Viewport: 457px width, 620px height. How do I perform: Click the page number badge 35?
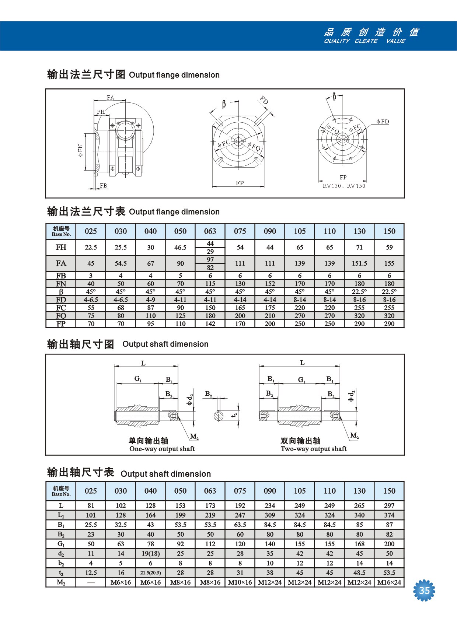coord(424,591)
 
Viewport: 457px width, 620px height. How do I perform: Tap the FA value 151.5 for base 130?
coord(359,263)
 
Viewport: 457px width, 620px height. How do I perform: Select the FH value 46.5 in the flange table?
coord(180,248)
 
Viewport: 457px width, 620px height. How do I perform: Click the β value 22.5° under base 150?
coord(389,292)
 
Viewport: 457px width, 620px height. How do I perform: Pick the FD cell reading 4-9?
coord(150,300)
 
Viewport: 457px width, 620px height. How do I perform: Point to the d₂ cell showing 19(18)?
coord(150,553)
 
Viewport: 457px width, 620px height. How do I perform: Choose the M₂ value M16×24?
coord(389,582)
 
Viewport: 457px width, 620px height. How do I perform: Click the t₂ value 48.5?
coord(359,573)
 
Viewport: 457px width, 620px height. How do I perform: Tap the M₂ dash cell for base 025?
coord(91,582)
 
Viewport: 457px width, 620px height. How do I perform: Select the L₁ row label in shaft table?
coord(61,515)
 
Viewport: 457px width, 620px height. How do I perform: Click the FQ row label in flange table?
coord(61,316)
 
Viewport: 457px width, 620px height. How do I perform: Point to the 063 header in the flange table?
coord(210,231)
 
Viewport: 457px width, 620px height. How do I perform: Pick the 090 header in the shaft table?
coord(270,491)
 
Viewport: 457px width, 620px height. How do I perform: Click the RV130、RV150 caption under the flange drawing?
coord(343,186)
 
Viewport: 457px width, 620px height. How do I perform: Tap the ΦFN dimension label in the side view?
coord(80,150)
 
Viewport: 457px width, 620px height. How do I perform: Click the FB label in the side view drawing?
coord(104,186)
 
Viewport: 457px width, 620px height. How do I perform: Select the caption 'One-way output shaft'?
coord(162,449)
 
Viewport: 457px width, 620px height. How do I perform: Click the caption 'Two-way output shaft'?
coord(313,449)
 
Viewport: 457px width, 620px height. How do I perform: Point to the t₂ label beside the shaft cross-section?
coord(234,415)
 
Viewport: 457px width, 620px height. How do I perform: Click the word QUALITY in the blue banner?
coord(336,41)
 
